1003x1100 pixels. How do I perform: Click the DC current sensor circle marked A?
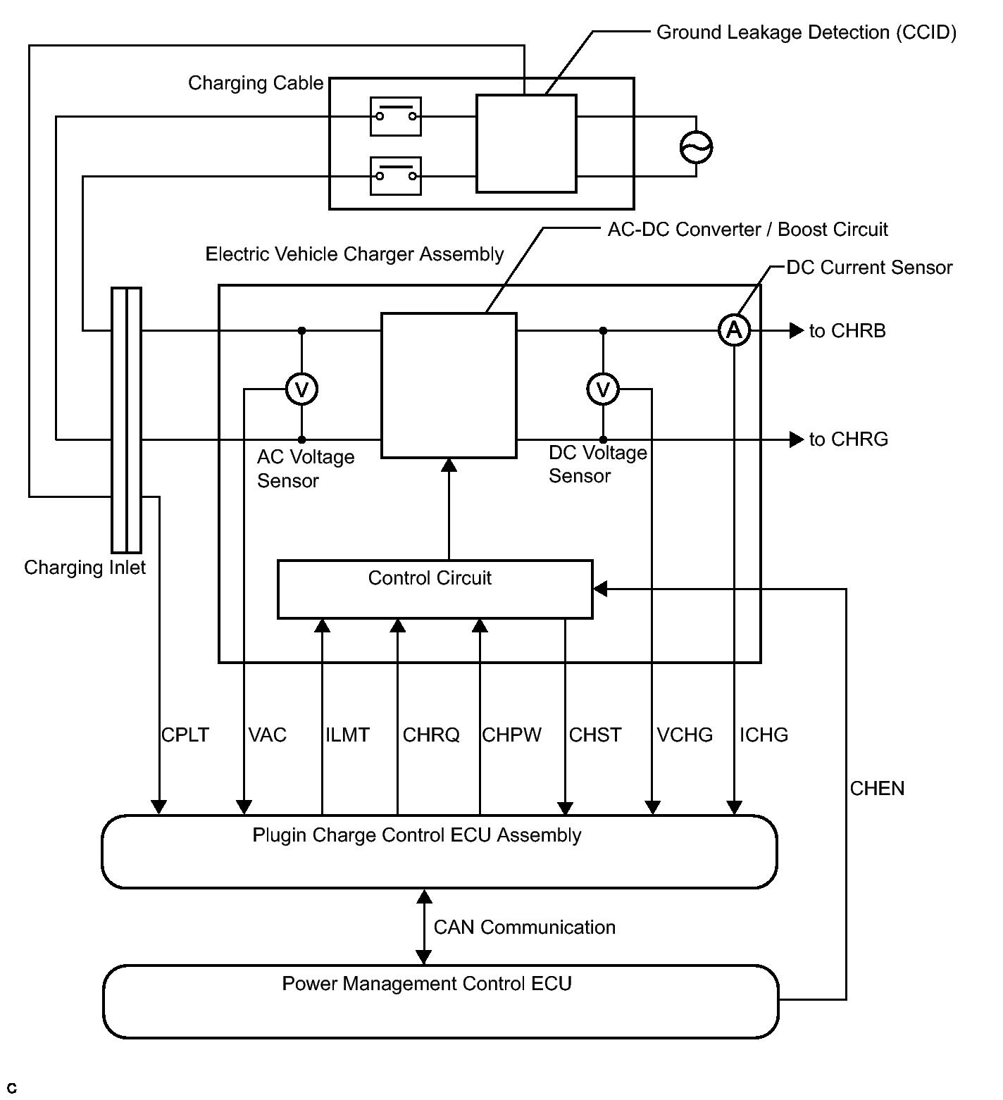click(x=734, y=330)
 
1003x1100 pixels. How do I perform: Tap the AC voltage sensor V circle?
click(x=301, y=389)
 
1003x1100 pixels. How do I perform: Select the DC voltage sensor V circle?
click(x=603, y=389)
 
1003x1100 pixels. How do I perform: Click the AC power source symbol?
click(x=696, y=147)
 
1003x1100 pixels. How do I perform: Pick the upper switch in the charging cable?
click(x=396, y=116)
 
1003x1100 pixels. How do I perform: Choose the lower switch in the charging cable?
click(x=396, y=175)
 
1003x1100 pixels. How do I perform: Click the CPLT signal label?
click(x=185, y=735)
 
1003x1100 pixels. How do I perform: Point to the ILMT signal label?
click(x=347, y=735)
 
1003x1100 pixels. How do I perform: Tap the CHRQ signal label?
click(x=431, y=735)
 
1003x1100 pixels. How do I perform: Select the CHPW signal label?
click(x=512, y=735)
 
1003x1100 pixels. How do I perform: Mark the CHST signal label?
click(x=595, y=735)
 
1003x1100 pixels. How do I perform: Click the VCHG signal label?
click(x=685, y=735)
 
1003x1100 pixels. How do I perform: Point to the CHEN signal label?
click(x=877, y=789)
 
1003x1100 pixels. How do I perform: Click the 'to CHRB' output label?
click(x=847, y=331)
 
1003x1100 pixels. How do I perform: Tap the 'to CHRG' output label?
click(x=849, y=439)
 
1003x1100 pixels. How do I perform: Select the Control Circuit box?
click(x=435, y=589)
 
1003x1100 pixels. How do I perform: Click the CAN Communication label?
click(x=525, y=927)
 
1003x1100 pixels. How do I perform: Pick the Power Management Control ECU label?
click(x=427, y=984)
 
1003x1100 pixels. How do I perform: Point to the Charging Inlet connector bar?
click(x=127, y=420)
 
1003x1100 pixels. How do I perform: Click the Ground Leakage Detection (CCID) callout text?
click(x=806, y=32)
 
